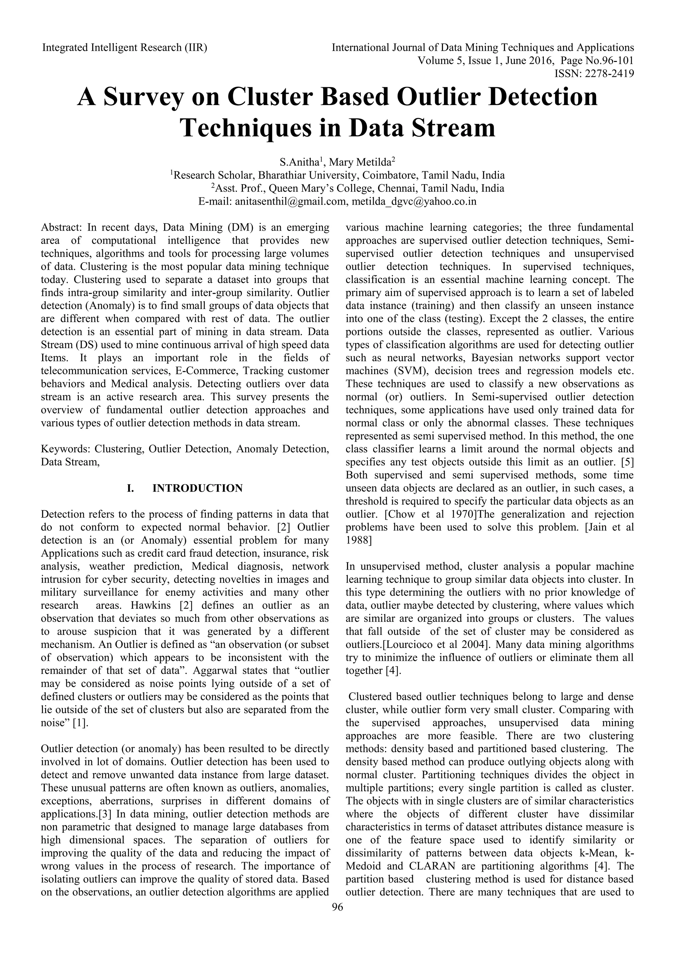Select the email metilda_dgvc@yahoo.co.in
click(x=414, y=202)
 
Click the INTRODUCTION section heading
click(x=197, y=488)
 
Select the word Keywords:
click(x=65, y=449)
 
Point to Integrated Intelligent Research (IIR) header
click(x=125, y=48)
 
